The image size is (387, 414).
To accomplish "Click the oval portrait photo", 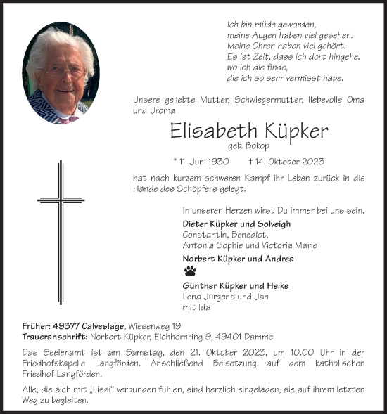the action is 61,77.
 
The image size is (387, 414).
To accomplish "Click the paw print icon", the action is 190,271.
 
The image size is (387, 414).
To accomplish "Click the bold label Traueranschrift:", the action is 55,337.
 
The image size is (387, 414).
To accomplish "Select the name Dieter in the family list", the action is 196,224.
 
